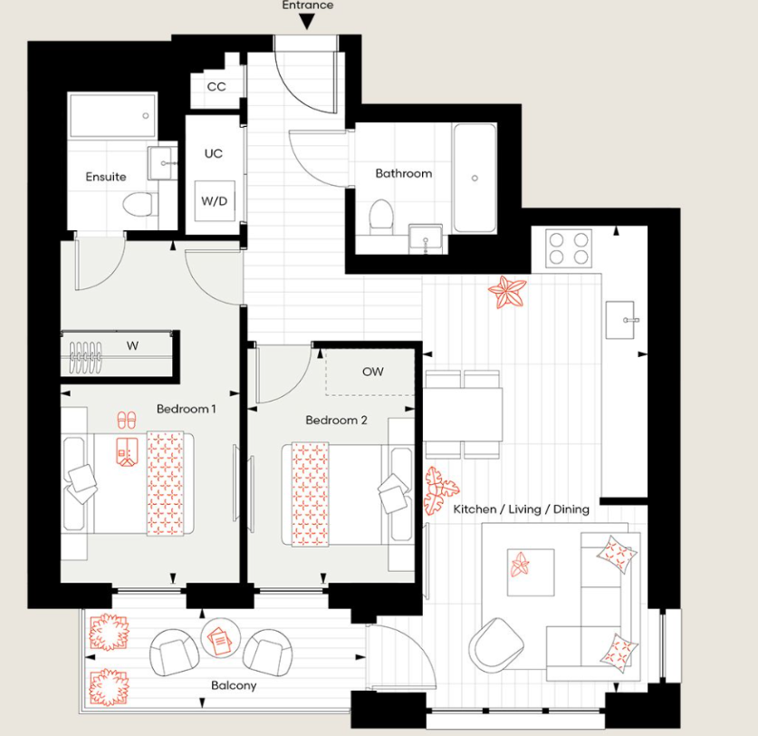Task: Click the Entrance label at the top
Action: point(308,5)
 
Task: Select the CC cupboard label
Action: point(216,87)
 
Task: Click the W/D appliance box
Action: point(216,200)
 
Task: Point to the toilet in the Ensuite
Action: point(137,205)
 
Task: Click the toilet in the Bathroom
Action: point(380,216)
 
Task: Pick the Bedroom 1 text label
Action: point(187,409)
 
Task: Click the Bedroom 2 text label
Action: point(336,420)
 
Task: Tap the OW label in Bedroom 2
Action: point(372,372)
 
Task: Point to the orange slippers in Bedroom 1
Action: point(126,421)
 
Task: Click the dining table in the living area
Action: point(463,414)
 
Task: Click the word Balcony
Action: point(233,685)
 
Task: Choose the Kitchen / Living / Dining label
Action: point(521,509)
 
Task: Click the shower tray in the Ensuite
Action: point(110,116)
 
